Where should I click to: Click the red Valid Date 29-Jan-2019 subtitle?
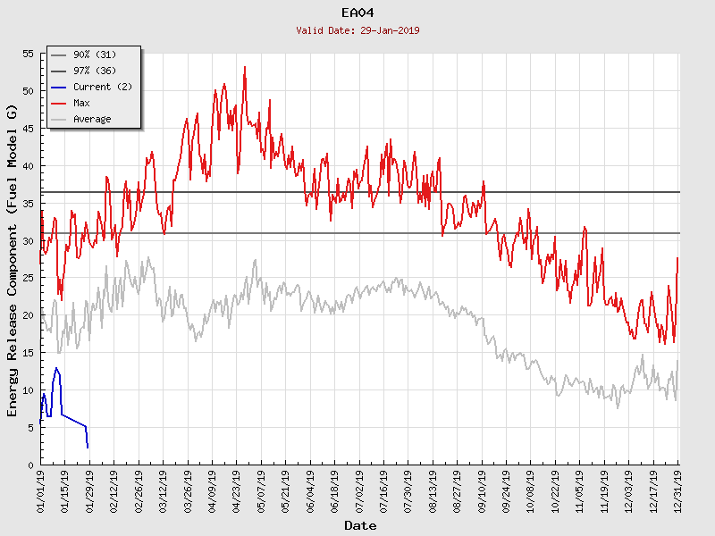358,30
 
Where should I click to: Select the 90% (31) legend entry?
95,55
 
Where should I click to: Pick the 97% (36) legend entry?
95,71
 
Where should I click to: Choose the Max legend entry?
81,104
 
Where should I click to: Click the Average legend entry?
92,120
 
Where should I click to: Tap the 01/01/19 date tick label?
42,491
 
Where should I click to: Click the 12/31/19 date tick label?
679,491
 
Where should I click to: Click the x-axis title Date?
360,526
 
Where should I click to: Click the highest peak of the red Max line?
245,66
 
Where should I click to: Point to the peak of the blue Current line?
56,368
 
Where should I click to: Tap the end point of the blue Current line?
88,447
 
